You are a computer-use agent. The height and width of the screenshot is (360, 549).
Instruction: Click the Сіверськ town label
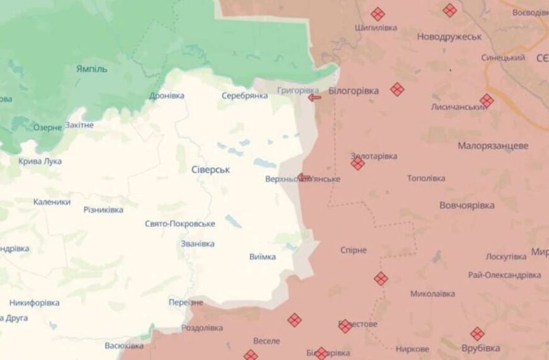(211, 170)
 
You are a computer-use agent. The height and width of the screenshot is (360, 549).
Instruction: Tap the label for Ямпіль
(91, 69)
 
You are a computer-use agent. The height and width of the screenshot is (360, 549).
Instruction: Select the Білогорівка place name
(353, 91)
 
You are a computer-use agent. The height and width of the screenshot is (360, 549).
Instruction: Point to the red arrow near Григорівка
(314, 97)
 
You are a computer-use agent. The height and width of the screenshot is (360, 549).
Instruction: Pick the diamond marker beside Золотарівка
(358, 164)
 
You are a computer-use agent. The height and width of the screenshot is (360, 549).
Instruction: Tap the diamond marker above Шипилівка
(377, 14)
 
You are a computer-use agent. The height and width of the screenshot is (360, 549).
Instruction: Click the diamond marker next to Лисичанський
(486, 100)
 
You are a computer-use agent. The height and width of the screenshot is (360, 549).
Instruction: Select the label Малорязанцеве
(493, 145)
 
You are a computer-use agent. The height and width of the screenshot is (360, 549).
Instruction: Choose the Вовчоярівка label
(466, 205)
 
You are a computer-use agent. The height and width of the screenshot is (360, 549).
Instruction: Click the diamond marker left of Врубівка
(477, 334)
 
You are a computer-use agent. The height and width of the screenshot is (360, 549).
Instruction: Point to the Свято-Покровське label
(180, 224)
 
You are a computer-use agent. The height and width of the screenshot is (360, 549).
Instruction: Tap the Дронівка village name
(167, 96)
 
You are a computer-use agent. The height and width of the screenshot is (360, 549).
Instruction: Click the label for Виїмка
(263, 256)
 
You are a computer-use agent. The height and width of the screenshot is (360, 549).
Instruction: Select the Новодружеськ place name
(449, 37)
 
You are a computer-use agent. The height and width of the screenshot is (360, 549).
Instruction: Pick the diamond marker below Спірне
(381, 279)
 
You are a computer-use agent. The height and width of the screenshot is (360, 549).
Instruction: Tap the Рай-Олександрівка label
(504, 275)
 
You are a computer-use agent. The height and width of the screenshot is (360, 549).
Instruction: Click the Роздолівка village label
(202, 328)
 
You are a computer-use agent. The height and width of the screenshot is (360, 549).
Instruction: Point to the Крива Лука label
(40, 161)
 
